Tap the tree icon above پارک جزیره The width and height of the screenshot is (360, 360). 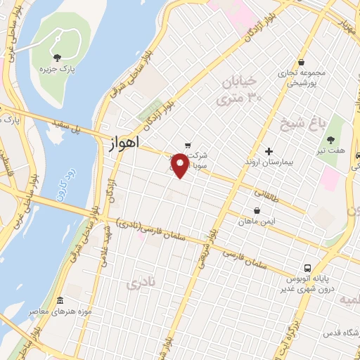56,58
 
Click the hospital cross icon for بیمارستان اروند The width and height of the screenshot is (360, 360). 268,151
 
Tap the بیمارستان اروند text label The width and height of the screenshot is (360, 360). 269,164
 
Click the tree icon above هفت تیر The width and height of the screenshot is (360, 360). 331,139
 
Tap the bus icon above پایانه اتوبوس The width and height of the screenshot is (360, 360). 307,268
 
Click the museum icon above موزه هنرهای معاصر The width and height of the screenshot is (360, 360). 60,300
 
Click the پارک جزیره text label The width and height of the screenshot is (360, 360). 56,70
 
